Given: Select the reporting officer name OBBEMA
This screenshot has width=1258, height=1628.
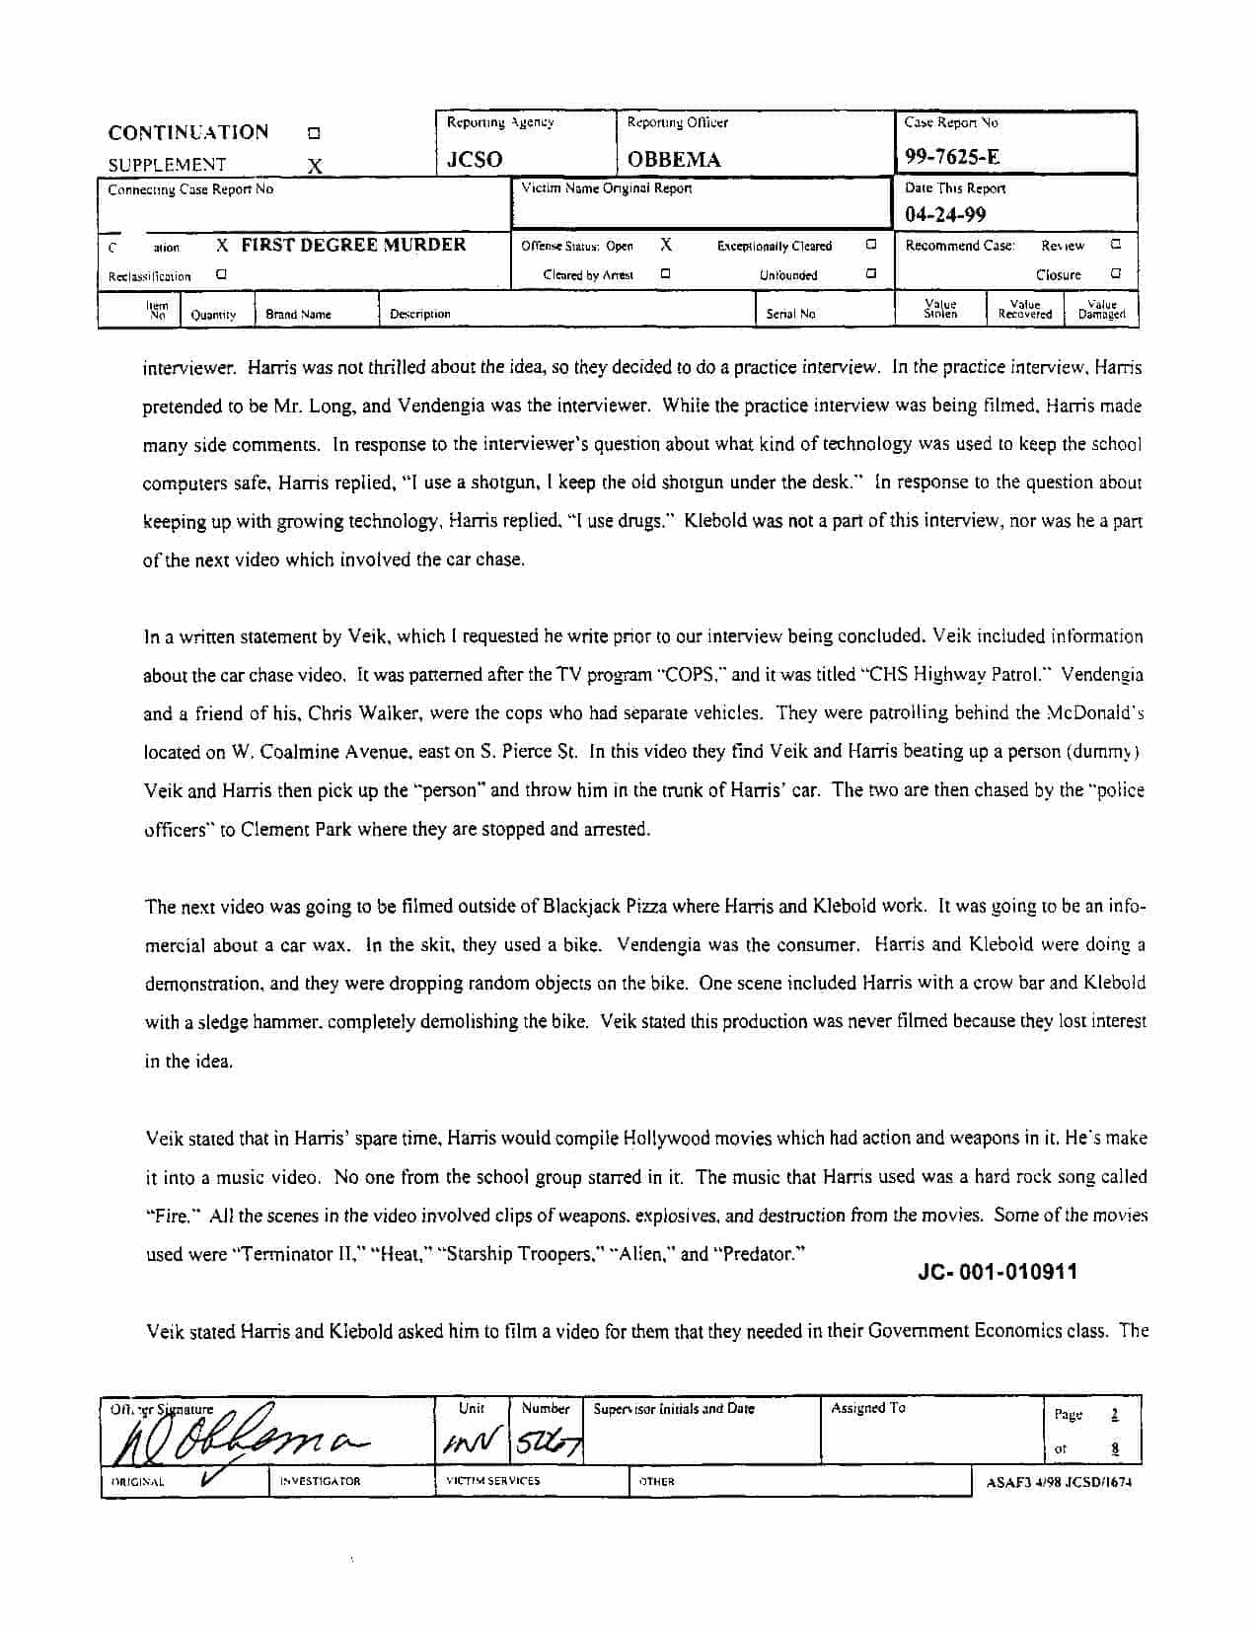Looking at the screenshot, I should (x=674, y=159).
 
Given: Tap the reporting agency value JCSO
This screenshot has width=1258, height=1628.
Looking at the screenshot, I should (x=475, y=159).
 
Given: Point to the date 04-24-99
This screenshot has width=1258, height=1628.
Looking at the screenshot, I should (x=945, y=214).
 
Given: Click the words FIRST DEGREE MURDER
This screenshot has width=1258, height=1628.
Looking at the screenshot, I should (x=353, y=245).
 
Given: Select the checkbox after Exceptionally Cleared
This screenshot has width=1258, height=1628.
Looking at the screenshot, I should (x=871, y=245).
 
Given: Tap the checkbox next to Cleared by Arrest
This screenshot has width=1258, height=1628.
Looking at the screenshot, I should (x=666, y=274).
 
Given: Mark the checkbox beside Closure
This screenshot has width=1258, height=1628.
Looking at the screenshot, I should (x=1116, y=274).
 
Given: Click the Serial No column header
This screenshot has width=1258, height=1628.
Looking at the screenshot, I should (x=790, y=314).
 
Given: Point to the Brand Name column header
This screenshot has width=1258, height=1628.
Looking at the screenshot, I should (x=298, y=315).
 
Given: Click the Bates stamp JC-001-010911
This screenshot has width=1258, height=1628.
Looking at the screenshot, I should (x=998, y=1272).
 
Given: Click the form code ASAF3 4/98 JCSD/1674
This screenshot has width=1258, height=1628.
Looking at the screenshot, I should (x=1059, y=1482).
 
